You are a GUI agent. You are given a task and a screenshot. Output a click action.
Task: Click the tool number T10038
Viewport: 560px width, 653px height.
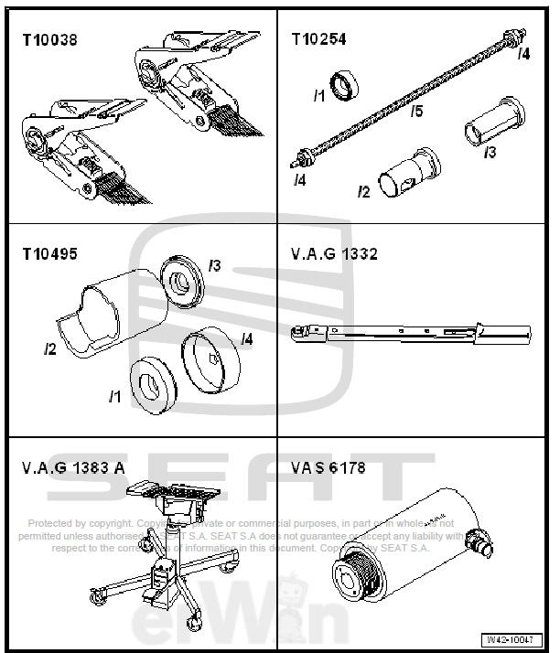tap(50, 39)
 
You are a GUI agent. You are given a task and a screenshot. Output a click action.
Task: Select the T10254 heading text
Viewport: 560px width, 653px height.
tap(318, 39)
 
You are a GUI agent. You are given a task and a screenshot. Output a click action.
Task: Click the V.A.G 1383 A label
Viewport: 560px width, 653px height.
tap(73, 467)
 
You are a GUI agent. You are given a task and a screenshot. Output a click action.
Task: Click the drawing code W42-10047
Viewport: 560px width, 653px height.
tap(508, 639)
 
